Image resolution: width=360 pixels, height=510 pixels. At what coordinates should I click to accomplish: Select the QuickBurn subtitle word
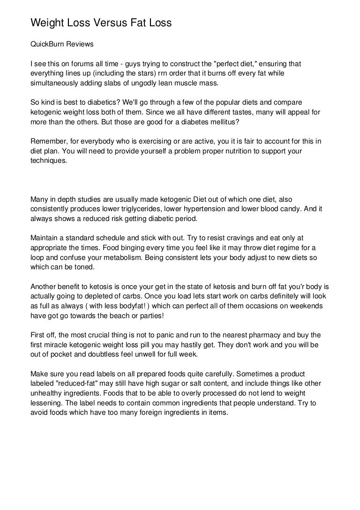47,45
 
